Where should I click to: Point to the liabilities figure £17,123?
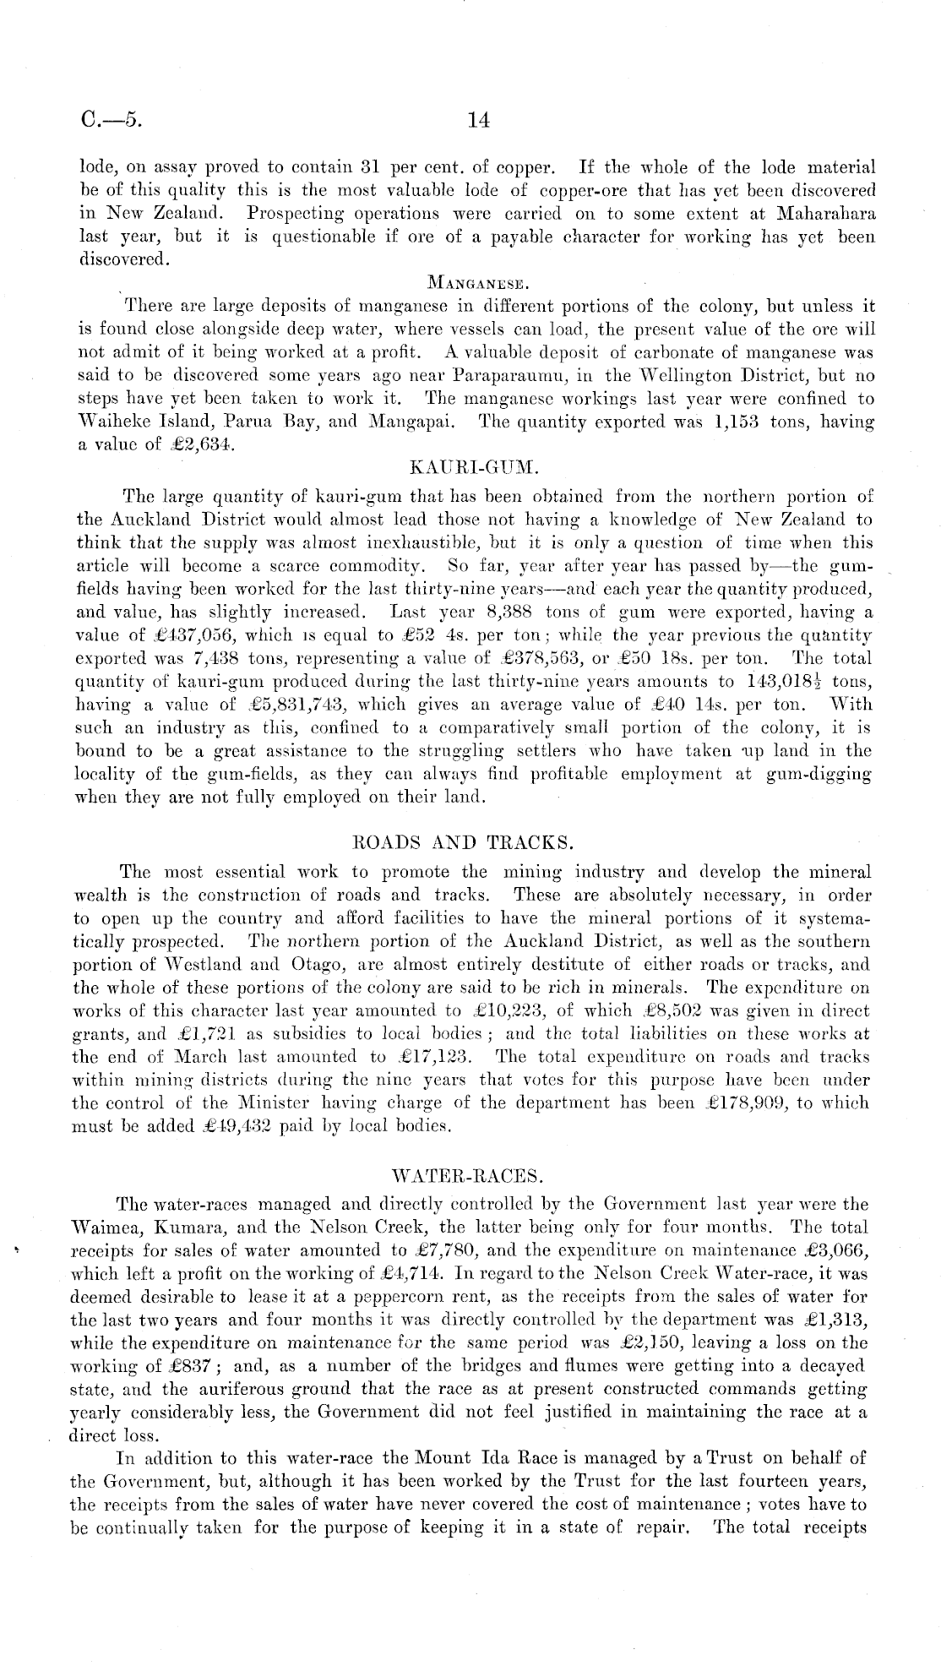(432, 1057)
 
